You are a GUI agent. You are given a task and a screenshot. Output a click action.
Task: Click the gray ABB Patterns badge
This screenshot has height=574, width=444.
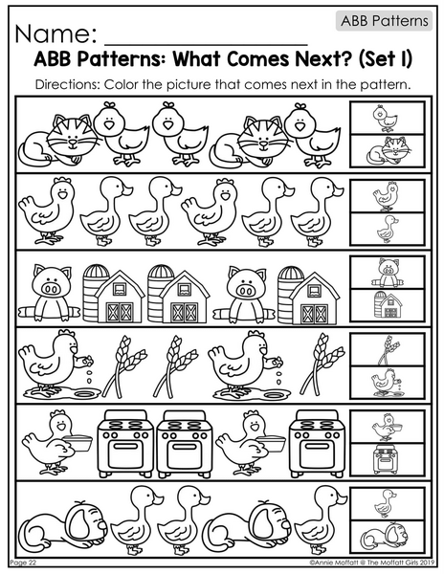(384, 20)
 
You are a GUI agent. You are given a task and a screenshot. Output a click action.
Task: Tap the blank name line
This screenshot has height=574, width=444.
(206, 44)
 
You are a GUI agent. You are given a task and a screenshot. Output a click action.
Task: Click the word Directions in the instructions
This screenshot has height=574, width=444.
(68, 84)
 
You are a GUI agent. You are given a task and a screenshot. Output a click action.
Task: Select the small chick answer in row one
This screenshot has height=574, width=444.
(386, 119)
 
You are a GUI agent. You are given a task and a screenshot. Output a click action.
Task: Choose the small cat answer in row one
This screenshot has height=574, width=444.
(387, 150)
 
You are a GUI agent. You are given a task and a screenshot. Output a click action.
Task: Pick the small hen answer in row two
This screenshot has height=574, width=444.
(386, 196)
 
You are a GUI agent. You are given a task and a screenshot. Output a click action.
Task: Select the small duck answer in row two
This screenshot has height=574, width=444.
(388, 229)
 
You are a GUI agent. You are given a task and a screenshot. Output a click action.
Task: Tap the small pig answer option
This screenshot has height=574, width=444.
(387, 273)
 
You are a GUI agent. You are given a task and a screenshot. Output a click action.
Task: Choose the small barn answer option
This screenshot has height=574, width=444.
(387, 304)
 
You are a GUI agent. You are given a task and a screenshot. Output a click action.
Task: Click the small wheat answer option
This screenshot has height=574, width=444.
(388, 349)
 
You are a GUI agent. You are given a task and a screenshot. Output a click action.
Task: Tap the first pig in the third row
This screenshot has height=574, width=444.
(50, 293)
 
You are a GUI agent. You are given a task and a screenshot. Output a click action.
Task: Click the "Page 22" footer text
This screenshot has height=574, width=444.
(23, 563)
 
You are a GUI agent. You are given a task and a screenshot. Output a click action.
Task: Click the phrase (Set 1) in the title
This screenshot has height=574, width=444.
(385, 59)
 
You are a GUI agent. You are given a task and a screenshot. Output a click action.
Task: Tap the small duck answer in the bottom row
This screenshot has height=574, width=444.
(385, 504)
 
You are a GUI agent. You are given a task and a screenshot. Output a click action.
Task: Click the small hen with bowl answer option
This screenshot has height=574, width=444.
(387, 427)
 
